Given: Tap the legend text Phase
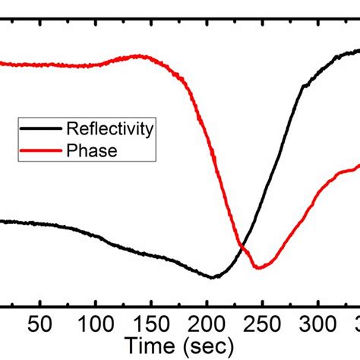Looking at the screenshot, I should coord(92,150).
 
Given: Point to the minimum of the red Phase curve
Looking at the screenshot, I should coord(259,267).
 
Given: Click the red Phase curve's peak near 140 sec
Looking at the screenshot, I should coord(139,55).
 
